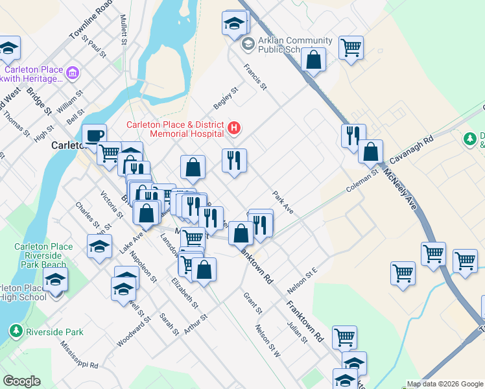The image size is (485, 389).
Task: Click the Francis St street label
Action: [x=255, y=76]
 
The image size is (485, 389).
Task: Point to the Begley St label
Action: [x=226, y=99]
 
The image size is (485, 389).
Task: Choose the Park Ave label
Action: [x=283, y=202]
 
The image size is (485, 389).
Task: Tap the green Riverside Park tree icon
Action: [x=14, y=331]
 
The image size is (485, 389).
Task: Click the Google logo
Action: [x=21, y=381]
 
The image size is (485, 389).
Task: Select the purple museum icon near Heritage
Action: [x=72, y=73]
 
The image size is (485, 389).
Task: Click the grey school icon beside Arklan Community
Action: [x=246, y=45]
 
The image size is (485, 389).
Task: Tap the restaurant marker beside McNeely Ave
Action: [x=353, y=136]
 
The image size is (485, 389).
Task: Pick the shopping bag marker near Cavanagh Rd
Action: [x=370, y=152]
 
